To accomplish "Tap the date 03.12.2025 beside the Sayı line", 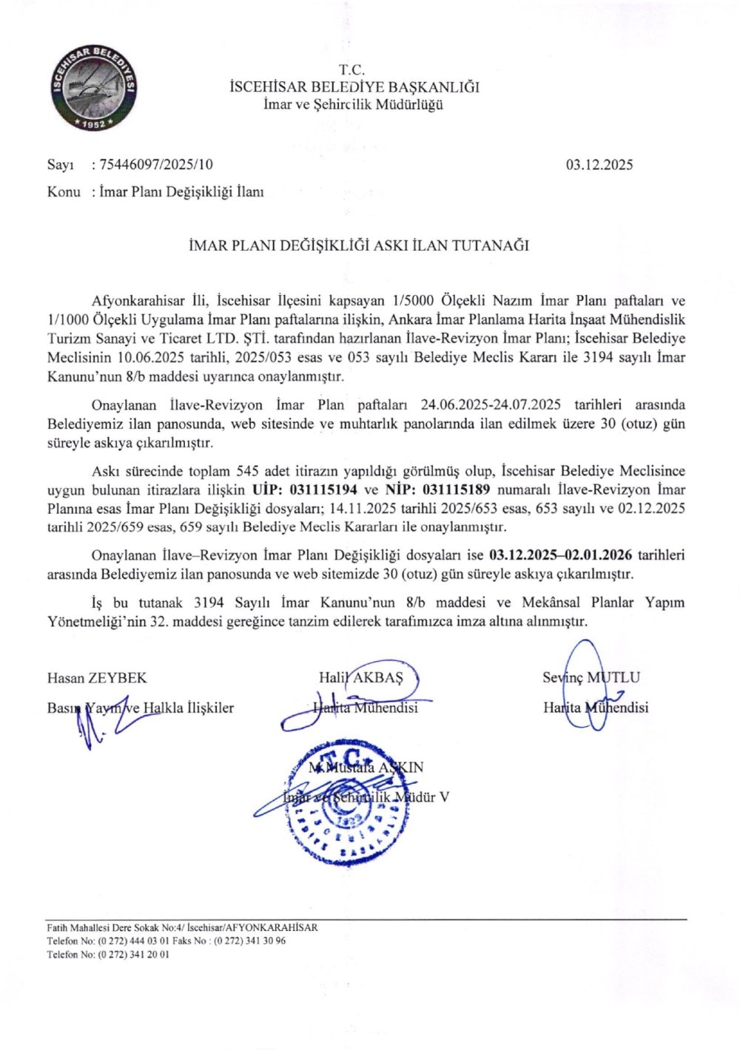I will pos(599,165).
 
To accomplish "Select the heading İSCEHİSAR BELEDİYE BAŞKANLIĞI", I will pos(354,87).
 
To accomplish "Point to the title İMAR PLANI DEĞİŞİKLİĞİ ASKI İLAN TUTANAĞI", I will pos(359,245).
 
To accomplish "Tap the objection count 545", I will pos(246,471).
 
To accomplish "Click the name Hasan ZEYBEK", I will pos(97,677).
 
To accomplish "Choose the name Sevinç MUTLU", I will pos(591,677).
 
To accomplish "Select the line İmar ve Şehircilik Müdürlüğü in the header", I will pos(354,104).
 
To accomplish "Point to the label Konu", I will pos(64,192).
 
